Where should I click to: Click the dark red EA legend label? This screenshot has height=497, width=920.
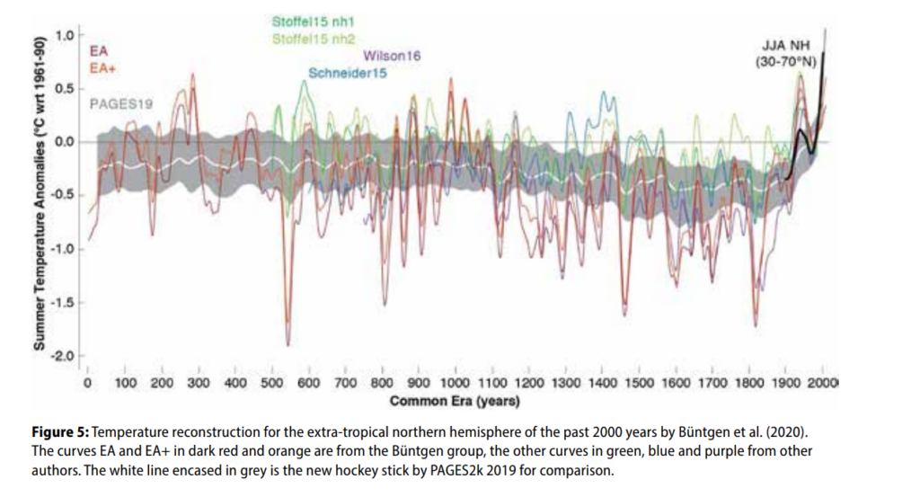pos(100,52)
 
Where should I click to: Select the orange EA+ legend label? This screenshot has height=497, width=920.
pos(102,67)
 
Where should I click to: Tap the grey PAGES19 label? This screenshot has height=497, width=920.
pos(121,104)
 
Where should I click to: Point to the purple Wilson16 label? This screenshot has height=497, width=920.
pos(392,56)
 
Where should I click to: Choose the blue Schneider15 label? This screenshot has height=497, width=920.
pos(347,74)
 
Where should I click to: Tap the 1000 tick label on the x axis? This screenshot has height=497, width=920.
pos(456,384)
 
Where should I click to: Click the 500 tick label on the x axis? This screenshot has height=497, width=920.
pos(270,384)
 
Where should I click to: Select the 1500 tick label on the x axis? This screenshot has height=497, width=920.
pos(640,384)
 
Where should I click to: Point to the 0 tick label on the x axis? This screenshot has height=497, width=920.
pos(87,384)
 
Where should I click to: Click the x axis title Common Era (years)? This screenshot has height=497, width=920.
pos(455,400)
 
